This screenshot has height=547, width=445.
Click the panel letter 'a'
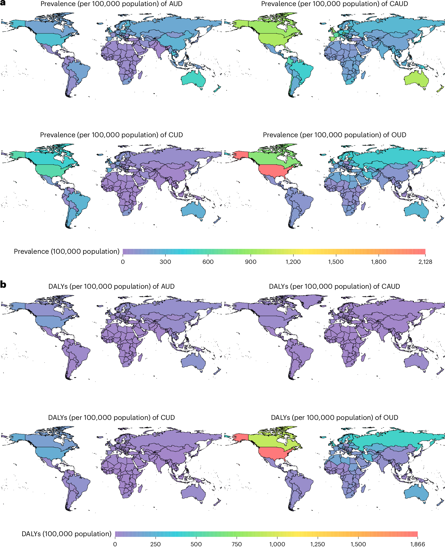pyautogui.click(x=3, y=3)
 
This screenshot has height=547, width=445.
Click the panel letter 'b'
pyautogui.click(x=3, y=284)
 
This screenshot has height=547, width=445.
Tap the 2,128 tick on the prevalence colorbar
pyautogui.click(x=425, y=262)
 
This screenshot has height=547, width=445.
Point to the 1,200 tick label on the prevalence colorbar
pyautogui.click(x=293, y=262)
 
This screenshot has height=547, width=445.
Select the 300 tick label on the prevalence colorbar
pyautogui.click(x=165, y=262)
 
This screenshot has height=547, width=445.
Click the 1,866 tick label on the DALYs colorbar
pyautogui.click(x=418, y=544)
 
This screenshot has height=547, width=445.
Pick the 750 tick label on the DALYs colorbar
pyautogui.click(x=236, y=544)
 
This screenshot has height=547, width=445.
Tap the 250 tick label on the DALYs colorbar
pyautogui.click(x=155, y=544)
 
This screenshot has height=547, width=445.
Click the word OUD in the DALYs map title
pyautogui.click(x=391, y=417)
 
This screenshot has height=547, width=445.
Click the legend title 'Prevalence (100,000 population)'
pyautogui.click(x=67, y=251)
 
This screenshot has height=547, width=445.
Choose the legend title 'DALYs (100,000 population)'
pyautogui.click(x=67, y=534)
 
